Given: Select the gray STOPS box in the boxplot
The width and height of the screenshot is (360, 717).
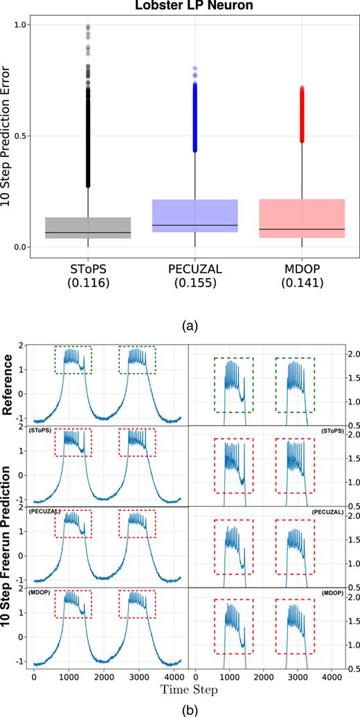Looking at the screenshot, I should point(88,228).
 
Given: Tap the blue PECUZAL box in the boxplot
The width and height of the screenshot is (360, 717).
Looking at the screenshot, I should point(195,215).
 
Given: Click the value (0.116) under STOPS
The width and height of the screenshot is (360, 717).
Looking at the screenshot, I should point(88,283).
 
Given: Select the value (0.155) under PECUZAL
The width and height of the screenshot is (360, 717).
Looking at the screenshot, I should point(195,283).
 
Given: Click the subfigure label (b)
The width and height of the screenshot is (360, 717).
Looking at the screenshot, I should point(179,708).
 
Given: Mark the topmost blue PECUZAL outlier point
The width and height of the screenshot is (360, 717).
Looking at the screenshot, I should point(195,69).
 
